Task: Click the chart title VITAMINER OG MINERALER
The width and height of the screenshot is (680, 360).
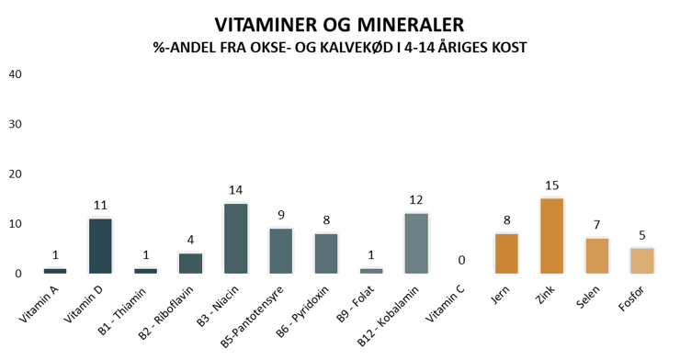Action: coord(340,25)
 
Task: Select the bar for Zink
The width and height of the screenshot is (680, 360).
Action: coord(551,236)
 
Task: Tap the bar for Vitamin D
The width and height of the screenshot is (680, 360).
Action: coord(100,246)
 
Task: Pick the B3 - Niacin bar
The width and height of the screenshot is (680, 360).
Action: coord(236,238)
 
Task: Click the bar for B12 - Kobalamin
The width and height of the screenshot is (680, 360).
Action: coord(416,243)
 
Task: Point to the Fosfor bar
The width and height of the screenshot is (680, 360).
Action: coord(641,261)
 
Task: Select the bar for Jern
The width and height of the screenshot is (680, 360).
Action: coord(506,253)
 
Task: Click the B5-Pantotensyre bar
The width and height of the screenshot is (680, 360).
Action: coord(281,251)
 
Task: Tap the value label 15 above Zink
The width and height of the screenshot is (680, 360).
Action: coord(551,186)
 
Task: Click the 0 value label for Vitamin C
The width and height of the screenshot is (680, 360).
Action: coord(461,260)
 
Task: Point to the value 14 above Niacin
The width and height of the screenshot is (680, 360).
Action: coord(235,190)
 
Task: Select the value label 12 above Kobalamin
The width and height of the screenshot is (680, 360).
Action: coord(416,199)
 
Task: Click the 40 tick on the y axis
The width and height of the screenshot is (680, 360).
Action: coord(15,74)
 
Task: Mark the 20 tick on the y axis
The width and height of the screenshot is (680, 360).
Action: coord(15,174)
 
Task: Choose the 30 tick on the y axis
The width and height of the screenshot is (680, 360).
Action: coord(15,124)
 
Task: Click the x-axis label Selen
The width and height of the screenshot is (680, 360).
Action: coord(588,298)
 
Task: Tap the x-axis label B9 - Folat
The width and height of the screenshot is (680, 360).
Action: coord(356,304)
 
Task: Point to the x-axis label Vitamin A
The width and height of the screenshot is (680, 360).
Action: coord(39,304)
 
